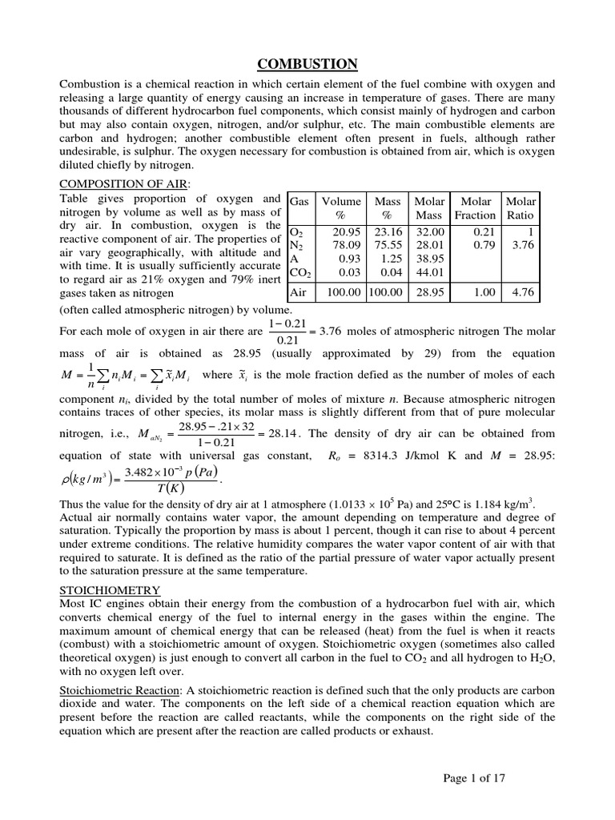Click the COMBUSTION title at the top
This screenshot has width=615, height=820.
[x=307, y=64]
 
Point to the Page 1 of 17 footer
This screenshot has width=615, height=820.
[x=475, y=777]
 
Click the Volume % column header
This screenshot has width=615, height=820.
[x=341, y=208]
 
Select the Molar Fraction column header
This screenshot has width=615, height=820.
[x=475, y=208]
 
